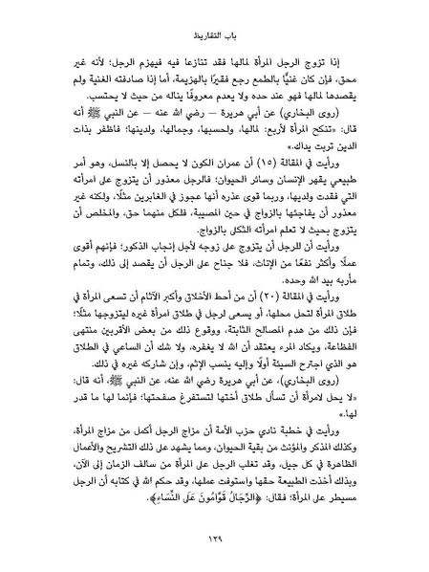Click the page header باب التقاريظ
click(x=214, y=30)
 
